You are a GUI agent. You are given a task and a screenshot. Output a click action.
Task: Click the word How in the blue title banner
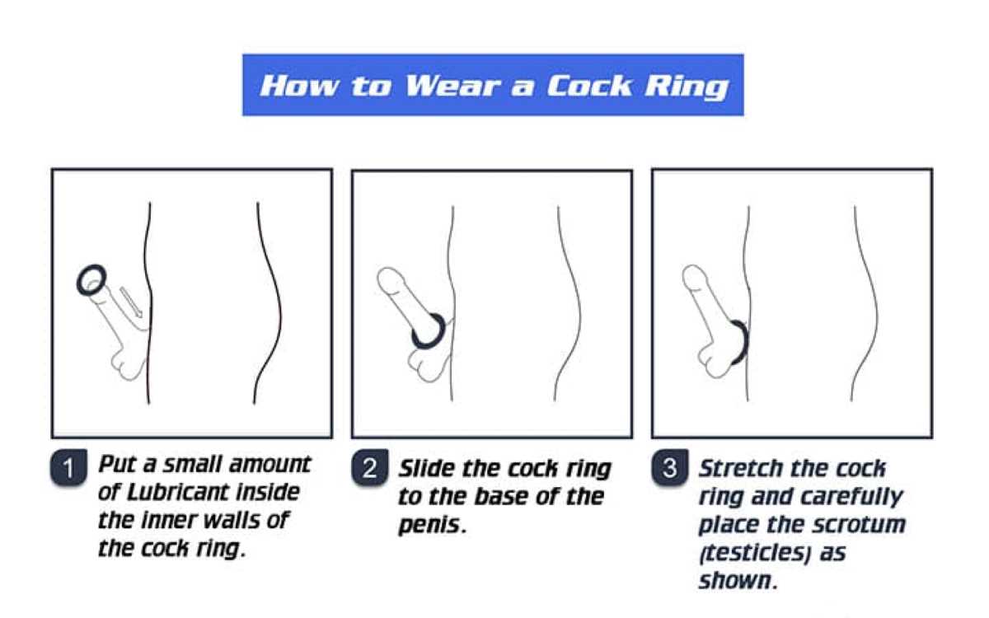[300, 85]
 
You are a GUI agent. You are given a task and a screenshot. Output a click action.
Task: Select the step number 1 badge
[68, 467]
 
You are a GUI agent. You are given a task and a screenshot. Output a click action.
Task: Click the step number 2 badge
[370, 467]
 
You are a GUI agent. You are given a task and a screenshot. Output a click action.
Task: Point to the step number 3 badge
[670, 467]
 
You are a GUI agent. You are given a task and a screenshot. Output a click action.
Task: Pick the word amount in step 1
[270, 465]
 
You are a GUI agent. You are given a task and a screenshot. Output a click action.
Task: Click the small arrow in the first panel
[131, 302]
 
